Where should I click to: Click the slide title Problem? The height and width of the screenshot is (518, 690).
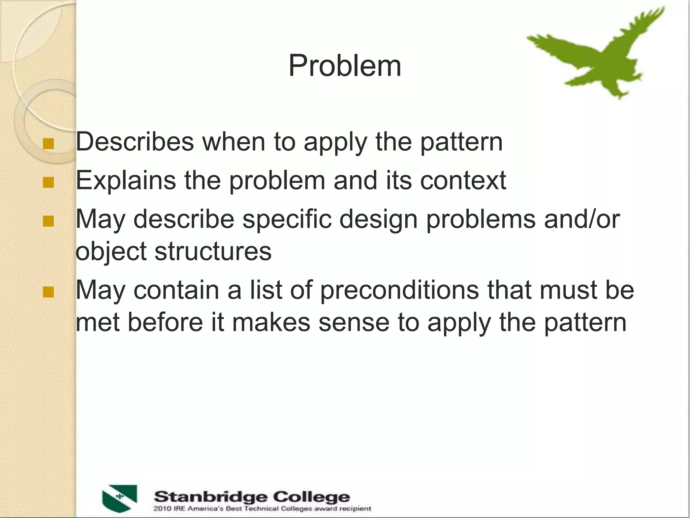345,66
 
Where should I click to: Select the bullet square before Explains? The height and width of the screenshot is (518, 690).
49,182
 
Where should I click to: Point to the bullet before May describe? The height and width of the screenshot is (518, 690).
49,221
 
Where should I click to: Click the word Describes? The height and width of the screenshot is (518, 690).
135,142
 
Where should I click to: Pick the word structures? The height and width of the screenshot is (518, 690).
213,251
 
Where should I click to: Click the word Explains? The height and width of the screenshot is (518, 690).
126,180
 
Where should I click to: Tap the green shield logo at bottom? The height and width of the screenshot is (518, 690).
120,498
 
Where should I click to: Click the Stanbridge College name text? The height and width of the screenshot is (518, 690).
252,497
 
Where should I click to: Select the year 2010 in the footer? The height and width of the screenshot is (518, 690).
162,509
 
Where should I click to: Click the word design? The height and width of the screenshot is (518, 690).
378,219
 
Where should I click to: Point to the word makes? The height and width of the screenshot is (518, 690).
271,322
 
